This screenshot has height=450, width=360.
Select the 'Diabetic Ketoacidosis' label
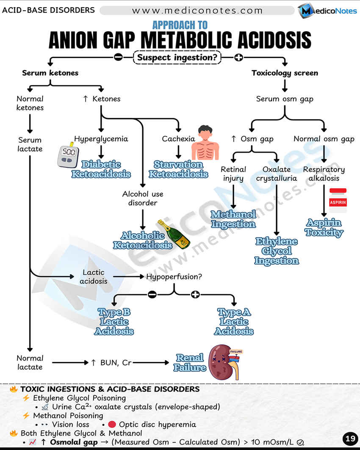tap(101, 169)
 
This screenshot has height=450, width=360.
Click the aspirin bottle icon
tap(338, 200)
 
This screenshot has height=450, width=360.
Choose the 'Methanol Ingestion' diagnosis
tap(233, 219)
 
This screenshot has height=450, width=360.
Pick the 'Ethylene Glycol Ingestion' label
tap(277, 251)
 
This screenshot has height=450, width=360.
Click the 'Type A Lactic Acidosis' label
tap(234, 322)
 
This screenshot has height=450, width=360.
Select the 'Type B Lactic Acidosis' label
tap(114, 322)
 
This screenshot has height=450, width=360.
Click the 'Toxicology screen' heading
tap(285, 73)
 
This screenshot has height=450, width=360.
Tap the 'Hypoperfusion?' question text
tap(174, 277)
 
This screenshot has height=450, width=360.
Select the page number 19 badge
tap(350, 439)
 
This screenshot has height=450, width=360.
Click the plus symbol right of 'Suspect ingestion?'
tap(238, 57)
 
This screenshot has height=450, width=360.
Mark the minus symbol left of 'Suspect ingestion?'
tap(119, 57)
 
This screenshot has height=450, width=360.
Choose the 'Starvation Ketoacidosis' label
tap(178, 169)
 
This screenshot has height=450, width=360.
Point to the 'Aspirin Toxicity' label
tap(324, 227)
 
